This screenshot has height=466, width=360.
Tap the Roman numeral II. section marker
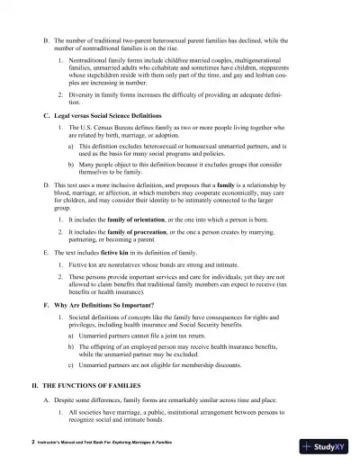36,384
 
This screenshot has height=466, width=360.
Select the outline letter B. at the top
47,40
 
